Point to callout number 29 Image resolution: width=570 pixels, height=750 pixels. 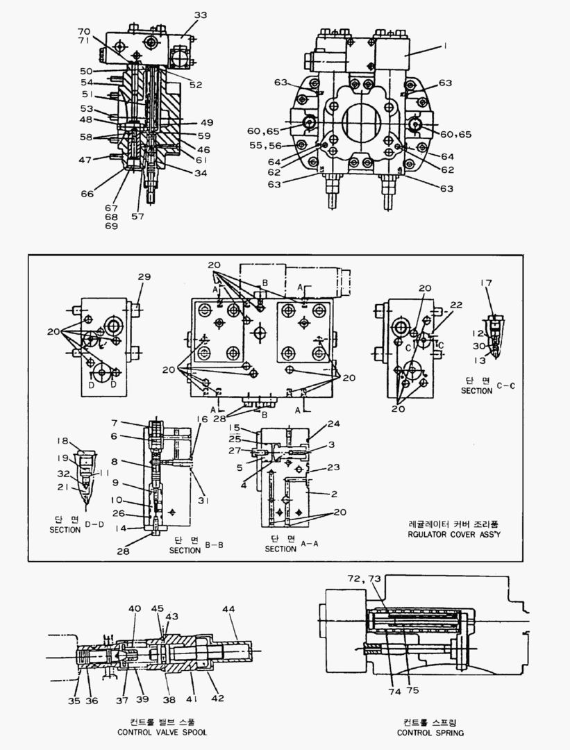144,277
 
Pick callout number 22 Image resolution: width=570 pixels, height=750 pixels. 455,305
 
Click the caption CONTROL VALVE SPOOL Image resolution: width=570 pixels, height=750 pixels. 162,732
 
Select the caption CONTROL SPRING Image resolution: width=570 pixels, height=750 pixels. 430,732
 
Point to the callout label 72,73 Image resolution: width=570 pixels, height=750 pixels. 364,578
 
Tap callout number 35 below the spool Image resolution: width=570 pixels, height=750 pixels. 74,701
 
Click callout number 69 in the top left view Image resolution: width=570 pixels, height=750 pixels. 111,226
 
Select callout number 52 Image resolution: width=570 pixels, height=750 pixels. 196,85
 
